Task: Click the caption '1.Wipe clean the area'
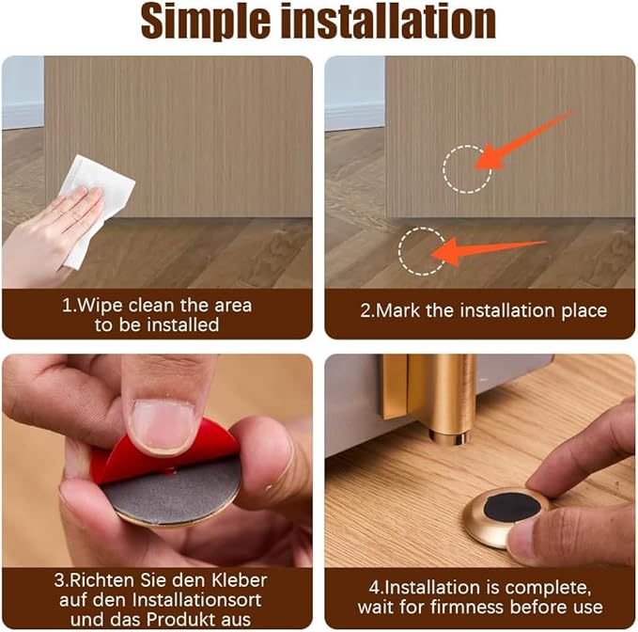(157, 306)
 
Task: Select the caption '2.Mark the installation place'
(483, 310)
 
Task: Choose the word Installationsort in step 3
(192, 599)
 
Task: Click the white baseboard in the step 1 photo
(23, 115)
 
